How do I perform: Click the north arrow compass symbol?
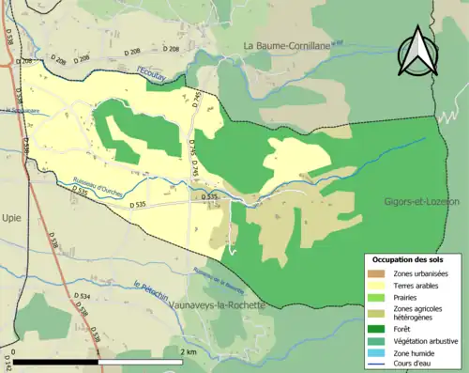tap(418, 51)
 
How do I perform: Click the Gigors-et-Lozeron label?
tap(421, 202)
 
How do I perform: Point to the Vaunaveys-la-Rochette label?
tap(214, 305)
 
